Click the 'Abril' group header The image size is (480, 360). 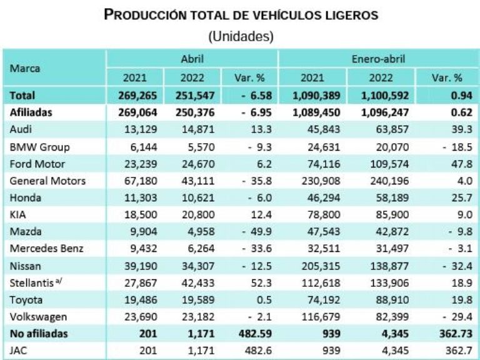(192, 59)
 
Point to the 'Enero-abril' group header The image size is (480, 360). (378, 59)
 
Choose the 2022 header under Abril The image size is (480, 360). (192, 78)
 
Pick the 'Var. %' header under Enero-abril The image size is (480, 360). (446, 78)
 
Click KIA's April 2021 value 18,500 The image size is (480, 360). (136, 214)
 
